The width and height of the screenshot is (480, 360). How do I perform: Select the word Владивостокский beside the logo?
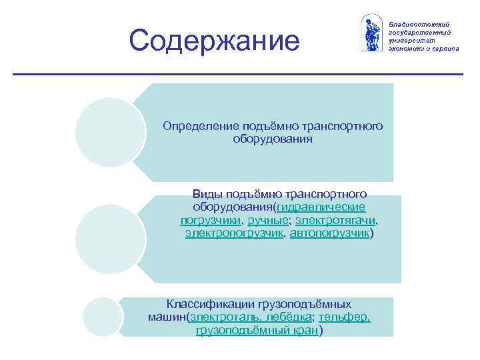(x=418, y=23)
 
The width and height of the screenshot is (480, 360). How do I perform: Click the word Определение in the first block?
(x=193, y=126)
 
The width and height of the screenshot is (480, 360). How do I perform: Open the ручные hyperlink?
(x=269, y=221)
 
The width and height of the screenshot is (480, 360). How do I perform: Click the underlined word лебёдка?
(x=288, y=317)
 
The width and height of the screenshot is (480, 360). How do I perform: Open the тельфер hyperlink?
(x=344, y=317)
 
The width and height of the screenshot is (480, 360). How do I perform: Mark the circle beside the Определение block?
(x=110, y=132)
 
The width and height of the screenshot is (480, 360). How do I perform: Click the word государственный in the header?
(x=420, y=31)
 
